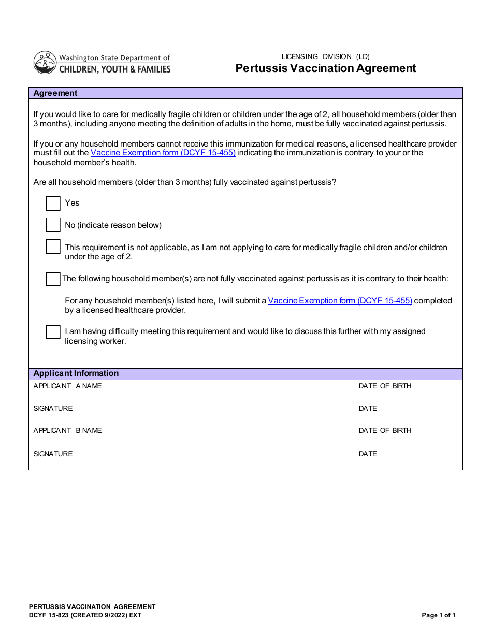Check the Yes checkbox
(53, 203)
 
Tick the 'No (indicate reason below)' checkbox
(53, 225)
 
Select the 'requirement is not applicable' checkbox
(53, 247)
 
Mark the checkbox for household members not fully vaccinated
(53, 279)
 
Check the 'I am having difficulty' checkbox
(53, 331)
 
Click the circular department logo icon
(45, 63)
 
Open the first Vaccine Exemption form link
(163, 153)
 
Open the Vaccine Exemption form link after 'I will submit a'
(340, 301)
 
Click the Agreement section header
(55, 93)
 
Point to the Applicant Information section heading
(76, 373)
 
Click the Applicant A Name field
(191, 392)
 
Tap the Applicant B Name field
(191, 436)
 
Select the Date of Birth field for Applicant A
(408, 392)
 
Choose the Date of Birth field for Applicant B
(408, 436)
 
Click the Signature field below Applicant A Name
(191, 414)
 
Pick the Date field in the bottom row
(408, 459)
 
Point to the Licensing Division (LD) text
(326, 57)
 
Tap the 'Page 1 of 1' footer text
(439, 615)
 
